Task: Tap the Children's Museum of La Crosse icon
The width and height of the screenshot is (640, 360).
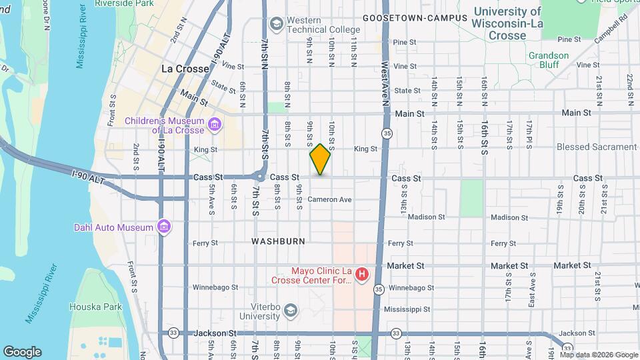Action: [215, 125]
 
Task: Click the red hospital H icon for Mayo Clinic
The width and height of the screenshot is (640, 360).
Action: [361, 274]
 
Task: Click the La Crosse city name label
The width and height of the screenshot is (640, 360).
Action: [185, 69]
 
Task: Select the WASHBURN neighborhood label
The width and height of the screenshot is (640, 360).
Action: [278, 241]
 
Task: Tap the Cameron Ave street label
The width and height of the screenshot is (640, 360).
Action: [329, 200]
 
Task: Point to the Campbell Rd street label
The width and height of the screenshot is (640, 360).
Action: [608, 20]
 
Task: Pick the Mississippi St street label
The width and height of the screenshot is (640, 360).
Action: [409, 309]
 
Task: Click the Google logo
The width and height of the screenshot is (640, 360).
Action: [22, 352]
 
